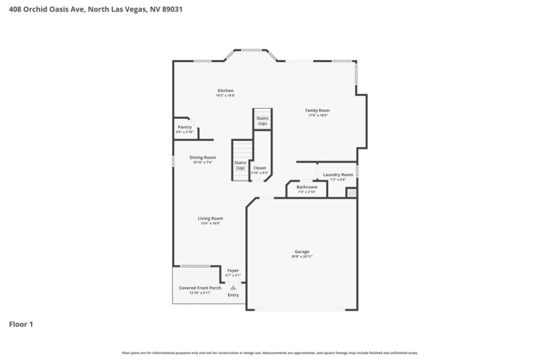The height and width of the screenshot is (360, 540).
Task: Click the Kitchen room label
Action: point(225,91)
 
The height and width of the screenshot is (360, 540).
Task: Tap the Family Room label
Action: point(317,110)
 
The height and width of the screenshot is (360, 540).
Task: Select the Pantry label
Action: point(185,127)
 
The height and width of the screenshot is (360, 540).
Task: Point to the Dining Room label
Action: point(202,157)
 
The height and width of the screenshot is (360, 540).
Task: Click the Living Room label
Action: point(211,218)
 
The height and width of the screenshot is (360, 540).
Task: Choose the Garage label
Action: point(302,251)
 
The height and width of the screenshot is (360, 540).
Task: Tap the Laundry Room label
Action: point(338,174)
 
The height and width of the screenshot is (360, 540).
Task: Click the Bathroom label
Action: point(306,187)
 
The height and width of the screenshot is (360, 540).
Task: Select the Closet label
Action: point(260,168)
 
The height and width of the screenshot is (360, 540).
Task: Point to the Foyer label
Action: point(233,270)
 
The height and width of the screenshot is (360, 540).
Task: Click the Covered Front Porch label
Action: point(200,288)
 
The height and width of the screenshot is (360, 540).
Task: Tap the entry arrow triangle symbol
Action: point(233,287)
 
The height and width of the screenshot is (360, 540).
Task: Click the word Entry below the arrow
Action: point(233,295)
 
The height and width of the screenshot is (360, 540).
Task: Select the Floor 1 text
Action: point(21,324)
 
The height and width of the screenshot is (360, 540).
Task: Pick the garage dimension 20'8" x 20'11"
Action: point(302,257)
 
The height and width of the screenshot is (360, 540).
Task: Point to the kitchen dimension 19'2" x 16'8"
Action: point(225,96)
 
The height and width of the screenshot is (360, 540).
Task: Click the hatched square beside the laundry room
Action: point(351,192)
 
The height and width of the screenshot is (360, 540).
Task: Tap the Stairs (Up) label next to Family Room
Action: point(262,121)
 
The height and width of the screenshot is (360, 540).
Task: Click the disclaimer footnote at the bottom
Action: point(270,353)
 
